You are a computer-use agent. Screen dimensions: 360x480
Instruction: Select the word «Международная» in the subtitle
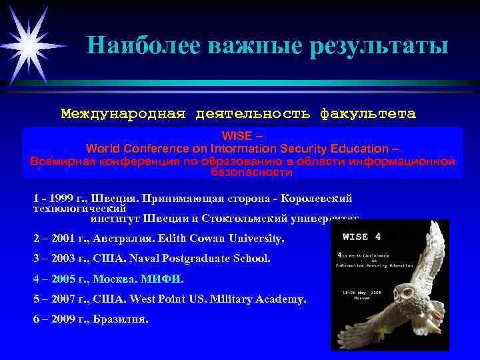(x=123, y=114)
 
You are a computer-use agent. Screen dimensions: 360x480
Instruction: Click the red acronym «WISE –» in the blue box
(x=242, y=136)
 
